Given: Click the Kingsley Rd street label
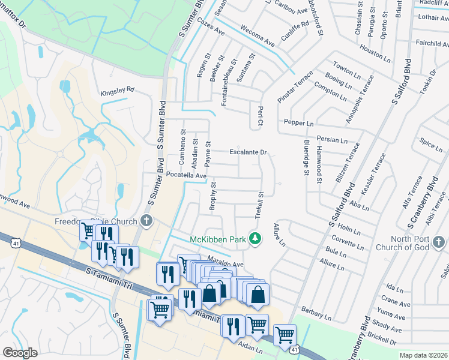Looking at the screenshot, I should tap(118, 90).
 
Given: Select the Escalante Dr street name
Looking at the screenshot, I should tap(247, 152).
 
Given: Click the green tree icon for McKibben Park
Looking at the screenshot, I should tap(256, 239).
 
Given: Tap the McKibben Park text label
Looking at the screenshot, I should tap(218, 239).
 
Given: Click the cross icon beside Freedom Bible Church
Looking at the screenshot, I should tap(145, 221).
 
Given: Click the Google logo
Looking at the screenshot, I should tap(20, 352).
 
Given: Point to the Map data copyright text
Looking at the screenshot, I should tap(423, 355).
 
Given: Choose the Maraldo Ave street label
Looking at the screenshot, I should tap(225, 263).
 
